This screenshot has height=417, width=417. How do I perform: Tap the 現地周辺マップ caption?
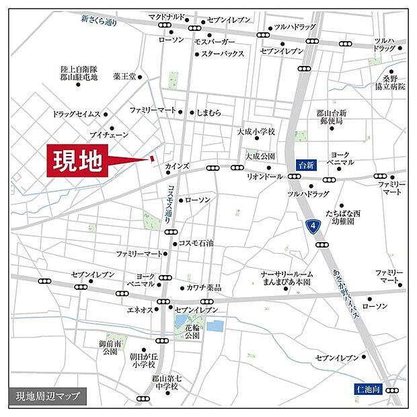[x=48, y=396]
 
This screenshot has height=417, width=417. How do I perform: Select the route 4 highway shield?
[x=312, y=227]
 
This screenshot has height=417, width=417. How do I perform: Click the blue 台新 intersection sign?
[x=307, y=164]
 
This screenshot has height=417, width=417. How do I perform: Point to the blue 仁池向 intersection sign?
[x=369, y=389]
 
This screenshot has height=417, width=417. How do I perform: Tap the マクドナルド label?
[x=166, y=17]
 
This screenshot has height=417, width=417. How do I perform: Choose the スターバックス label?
[x=223, y=54]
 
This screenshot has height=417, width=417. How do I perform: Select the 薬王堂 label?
[x=124, y=76]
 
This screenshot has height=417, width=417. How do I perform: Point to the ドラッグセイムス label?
[x=76, y=114]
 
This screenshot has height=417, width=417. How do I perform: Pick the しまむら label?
[x=209, y=112]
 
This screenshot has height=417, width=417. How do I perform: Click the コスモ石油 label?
[x=196, y=243]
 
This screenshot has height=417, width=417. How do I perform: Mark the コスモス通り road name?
[x=166, y=203]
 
